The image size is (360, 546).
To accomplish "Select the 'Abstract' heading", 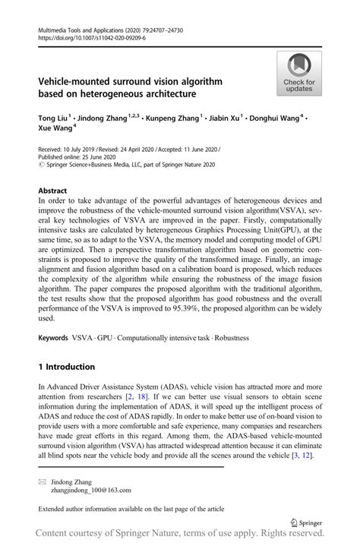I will tap(52, 192).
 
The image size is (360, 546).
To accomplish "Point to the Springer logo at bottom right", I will tap(307, 522).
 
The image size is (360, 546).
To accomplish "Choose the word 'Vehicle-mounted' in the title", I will tap(78, 81).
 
